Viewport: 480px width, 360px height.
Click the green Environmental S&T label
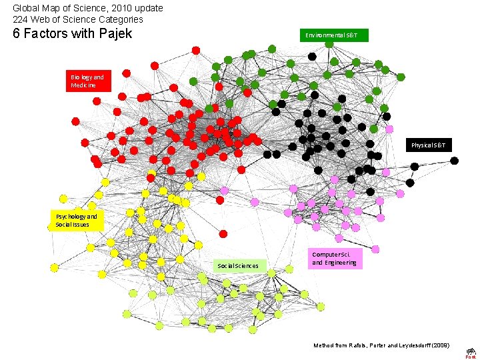[x=333, y=35]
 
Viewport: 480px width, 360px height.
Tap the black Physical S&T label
[x=431, y=145]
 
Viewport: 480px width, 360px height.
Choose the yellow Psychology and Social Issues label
[x=77, y=221]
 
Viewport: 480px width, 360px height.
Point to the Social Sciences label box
[x=238, y=265]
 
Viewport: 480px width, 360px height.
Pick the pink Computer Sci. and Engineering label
[x=335, y=259]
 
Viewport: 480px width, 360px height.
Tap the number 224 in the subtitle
[x=20, y=19]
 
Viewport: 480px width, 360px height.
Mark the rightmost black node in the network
[x=455, y=161]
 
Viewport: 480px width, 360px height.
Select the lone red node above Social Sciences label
[x=223, y=234]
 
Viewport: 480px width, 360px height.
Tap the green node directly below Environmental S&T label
[x=329, y=44]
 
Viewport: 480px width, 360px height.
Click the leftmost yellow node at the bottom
[x=54, y=267]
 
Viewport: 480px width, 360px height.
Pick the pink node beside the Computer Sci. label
[x=375, y=249]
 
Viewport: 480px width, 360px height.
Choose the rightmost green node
[x=401, y=77]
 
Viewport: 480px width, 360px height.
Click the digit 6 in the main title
[x=17, y=33]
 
